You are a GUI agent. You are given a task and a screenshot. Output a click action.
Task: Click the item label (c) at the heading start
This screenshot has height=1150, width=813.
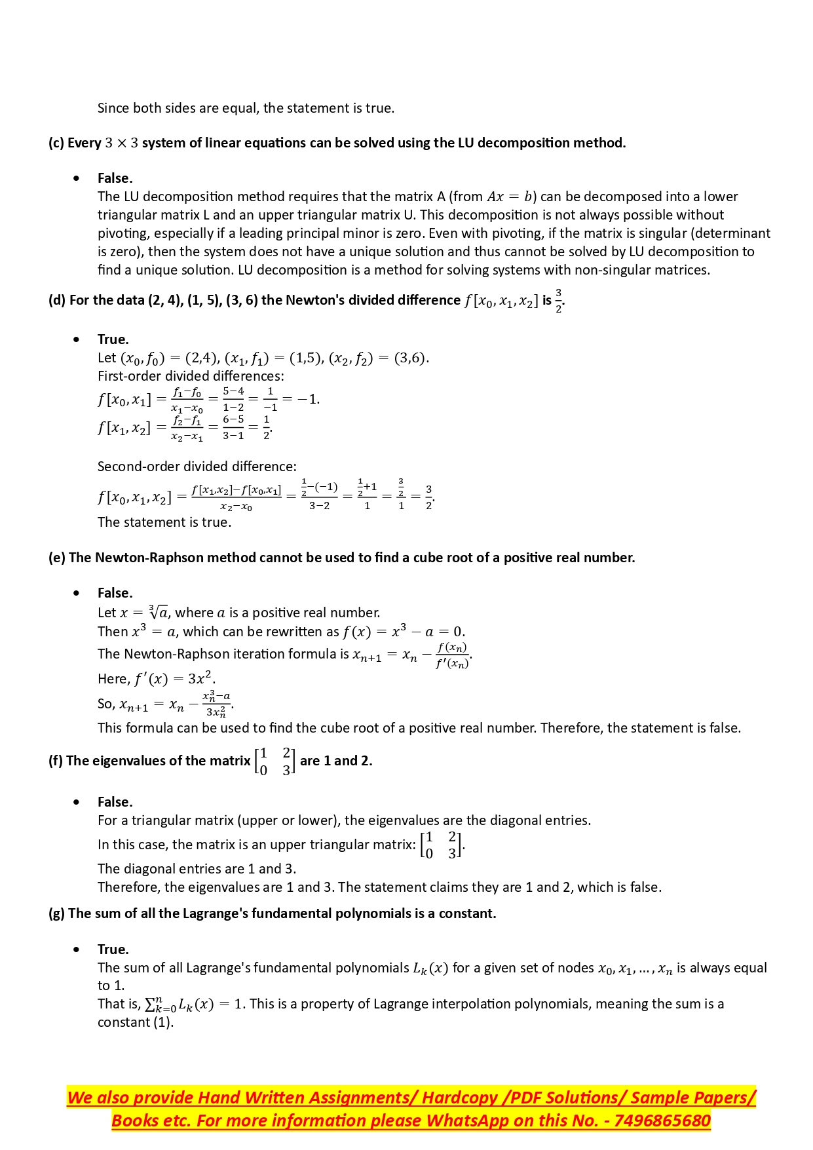point(56,143)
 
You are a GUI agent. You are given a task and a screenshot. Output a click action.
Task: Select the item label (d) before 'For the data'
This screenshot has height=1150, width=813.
point(57,300)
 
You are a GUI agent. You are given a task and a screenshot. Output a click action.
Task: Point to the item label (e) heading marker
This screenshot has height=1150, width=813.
point(57,558)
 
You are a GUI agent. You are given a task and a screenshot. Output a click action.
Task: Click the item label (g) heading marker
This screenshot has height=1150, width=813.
point(56,913)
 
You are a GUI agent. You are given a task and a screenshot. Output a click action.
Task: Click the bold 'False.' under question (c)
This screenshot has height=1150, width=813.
point(115,178)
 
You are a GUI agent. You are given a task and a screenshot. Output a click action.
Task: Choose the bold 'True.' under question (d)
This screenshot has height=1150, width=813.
point(113,339)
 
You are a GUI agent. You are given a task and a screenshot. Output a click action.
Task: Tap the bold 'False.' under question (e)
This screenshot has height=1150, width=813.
point(115,593)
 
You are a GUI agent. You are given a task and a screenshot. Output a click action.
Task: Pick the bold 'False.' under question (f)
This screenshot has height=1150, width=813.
point(115,802)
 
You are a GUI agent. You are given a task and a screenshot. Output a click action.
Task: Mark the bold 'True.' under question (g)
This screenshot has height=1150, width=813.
point(113,949)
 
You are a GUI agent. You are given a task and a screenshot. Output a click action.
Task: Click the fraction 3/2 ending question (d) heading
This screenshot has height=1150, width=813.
point(559,301)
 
